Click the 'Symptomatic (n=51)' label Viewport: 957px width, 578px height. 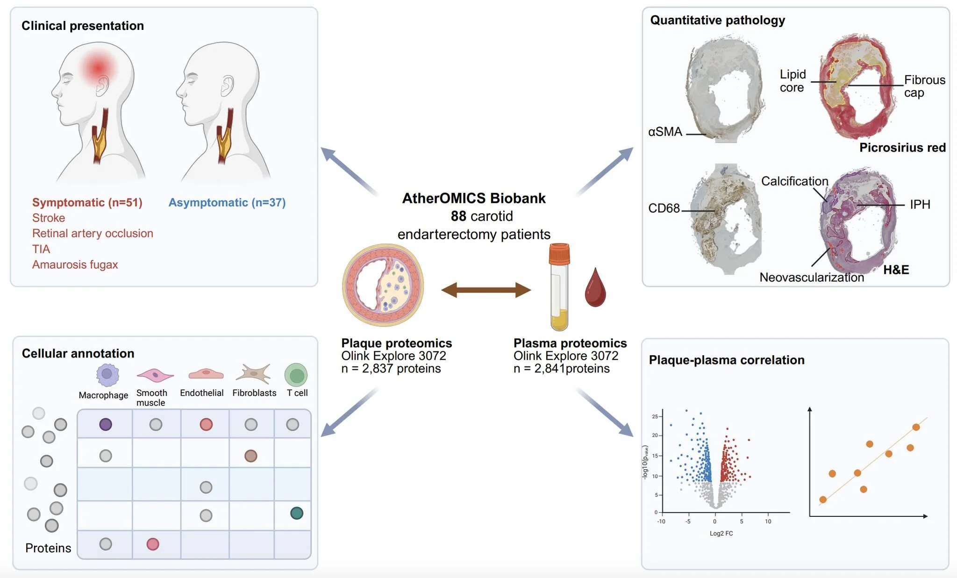[x=87, y=202]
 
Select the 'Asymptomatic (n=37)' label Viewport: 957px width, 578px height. [x=227, y=202]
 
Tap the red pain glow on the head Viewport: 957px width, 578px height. [x=98, y=68]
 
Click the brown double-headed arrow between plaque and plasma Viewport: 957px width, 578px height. [x=486, y=290]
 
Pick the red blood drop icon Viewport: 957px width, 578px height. [x=595, y=287]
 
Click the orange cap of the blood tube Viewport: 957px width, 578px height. [x=559, y=253]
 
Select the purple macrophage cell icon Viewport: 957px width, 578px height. [x=107, y=374]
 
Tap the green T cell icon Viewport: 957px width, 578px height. [x=296, y=375]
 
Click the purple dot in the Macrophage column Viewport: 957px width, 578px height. [x=106, y=424]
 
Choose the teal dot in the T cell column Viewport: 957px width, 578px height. [x=297, y=513]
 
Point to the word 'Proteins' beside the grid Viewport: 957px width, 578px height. [x=48, y=548]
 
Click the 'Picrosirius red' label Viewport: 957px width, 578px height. [x=902, y=148]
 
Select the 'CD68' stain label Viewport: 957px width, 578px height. [x=664, y=208]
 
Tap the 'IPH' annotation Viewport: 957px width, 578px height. [x=920, y=204]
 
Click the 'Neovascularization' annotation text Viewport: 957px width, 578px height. [x=812, y=277]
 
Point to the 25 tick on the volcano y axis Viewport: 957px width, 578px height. [x=655, y=416]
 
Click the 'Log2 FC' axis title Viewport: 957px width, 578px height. [x=721, y=533]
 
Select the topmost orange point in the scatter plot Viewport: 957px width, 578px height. [x=916, y=427]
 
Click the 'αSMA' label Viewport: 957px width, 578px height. [x=665, y=132]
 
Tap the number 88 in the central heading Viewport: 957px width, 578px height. [x=458, y=216]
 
